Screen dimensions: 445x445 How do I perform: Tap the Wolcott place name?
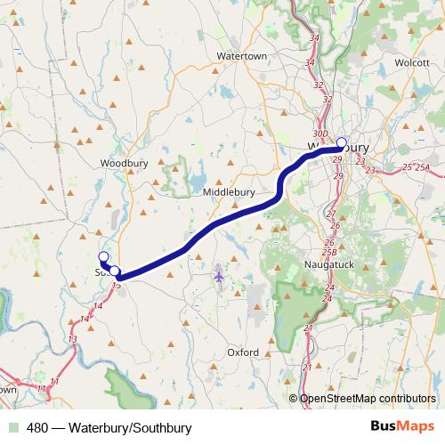(413, 63)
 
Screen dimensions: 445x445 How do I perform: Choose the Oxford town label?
(243, 352)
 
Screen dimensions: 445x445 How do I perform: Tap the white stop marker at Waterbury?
(341, 142)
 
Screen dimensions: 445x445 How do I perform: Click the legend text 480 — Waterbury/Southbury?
(109, 428)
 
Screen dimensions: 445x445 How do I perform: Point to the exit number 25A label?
(423, 167)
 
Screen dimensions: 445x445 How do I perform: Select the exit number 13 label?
(72, 339)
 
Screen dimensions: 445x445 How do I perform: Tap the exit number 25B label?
(328, 254)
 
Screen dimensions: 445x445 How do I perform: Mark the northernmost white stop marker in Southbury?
(102, 257)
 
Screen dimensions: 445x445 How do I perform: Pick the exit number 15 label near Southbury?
(116, 285)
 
